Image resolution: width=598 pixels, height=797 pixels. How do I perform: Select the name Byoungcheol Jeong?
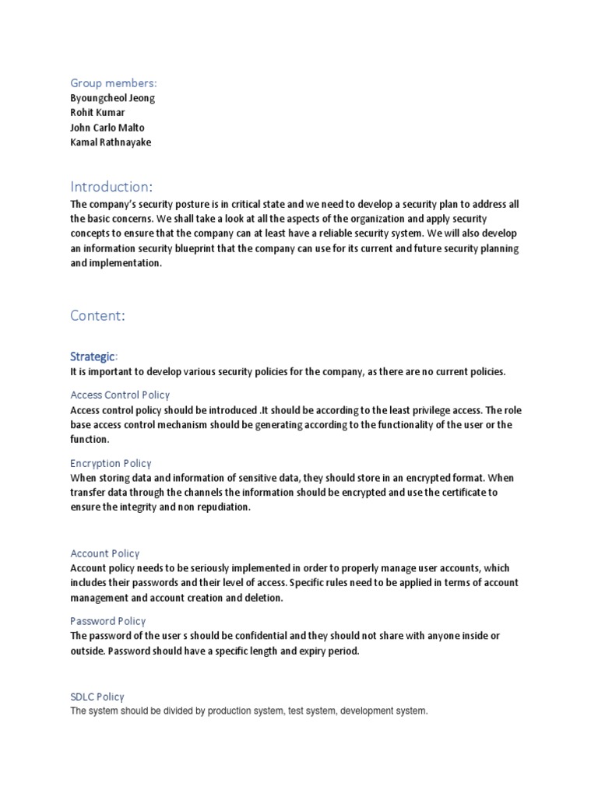click(113, 98)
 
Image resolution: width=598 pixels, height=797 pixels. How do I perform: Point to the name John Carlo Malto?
click(107, 128)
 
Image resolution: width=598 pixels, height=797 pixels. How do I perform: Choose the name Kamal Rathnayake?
click(111, 142)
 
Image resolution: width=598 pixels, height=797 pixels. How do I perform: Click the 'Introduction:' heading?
click(111, 187)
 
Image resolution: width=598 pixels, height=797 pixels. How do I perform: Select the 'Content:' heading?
click(97, 315)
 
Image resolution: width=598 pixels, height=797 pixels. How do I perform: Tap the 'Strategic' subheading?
click(93, 356)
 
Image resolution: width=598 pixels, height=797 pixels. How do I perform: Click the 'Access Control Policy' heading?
click(120, 395)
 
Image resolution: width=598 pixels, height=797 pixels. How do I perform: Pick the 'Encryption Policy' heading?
click(111, 463)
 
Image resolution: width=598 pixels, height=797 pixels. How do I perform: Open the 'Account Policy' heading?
click(105, 553)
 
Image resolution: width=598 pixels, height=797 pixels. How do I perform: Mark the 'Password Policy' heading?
click(108, 621)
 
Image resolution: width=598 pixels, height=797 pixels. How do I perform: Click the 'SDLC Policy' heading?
click(97, 697)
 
